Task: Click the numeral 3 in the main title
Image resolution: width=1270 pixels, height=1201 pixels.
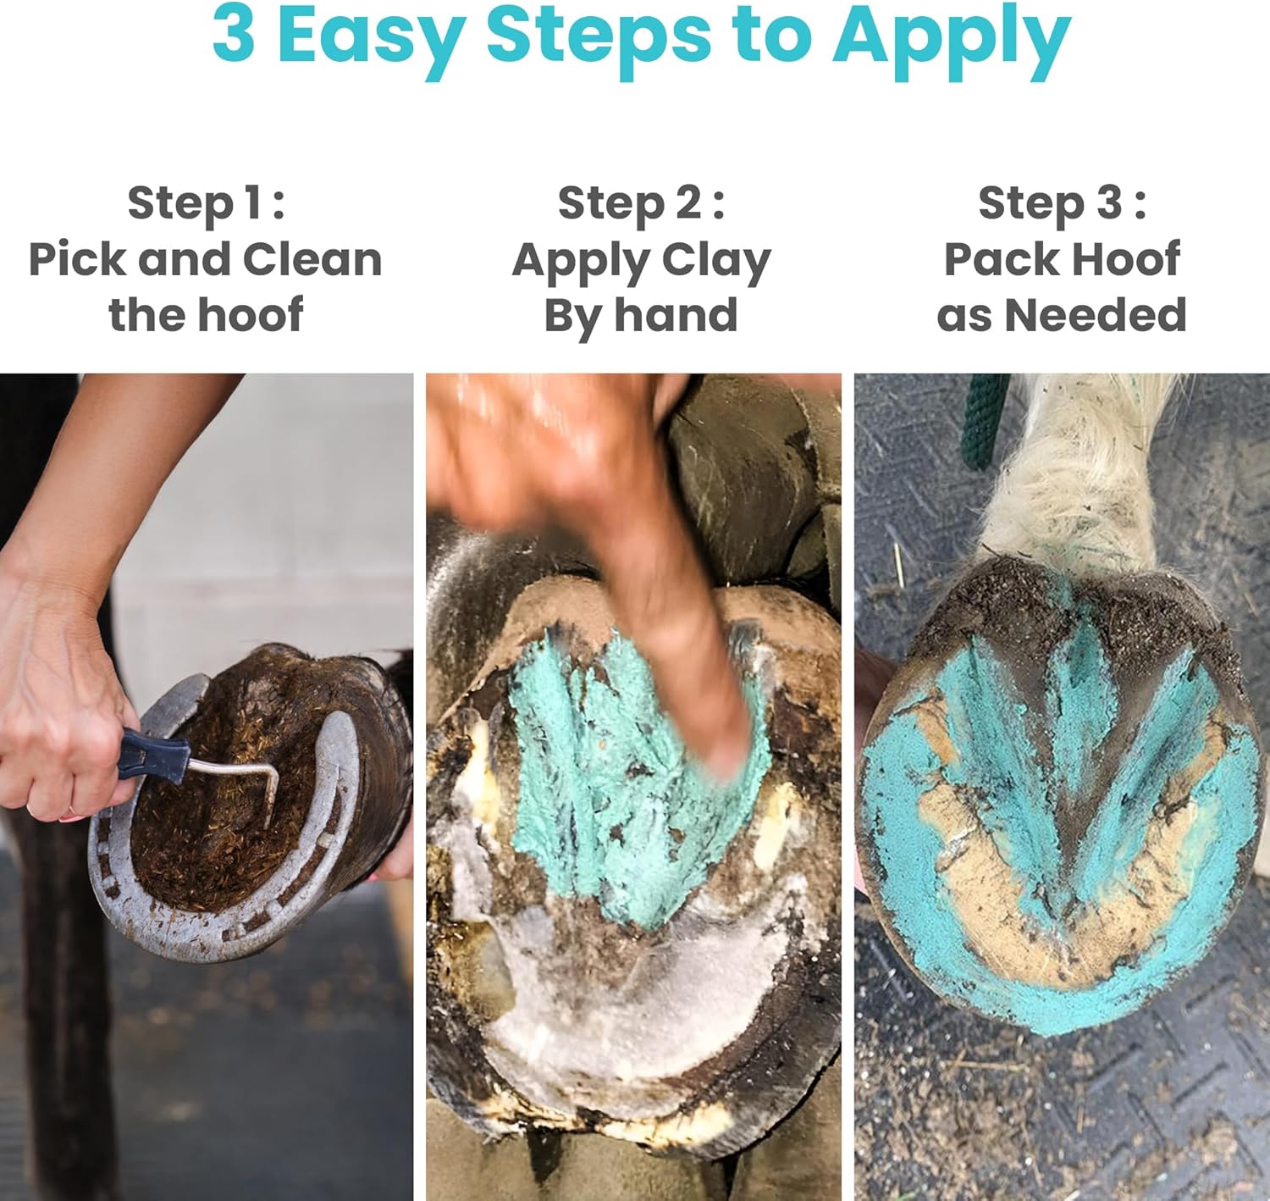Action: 233,36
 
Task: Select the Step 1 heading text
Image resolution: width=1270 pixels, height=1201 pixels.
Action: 206,203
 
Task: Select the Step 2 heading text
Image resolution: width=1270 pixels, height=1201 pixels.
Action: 641,203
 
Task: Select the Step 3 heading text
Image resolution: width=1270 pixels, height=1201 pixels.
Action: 1062,203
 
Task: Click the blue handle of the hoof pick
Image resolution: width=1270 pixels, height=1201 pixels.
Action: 152,754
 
